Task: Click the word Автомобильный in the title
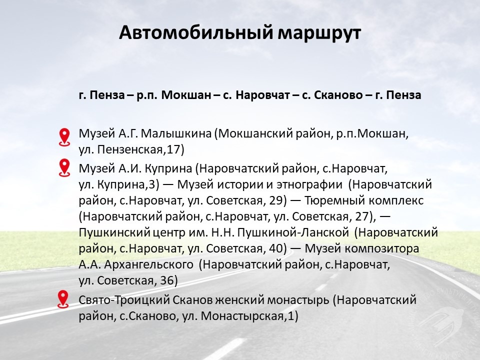tap(196, 33)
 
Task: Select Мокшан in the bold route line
tap(186, 95)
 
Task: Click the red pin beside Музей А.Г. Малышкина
tap(64, 137)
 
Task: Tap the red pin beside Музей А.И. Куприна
tap(64, 168)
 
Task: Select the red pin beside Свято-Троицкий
tap(63, 299)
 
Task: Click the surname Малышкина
tap(176, 134)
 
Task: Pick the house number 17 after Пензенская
tap(173, 150)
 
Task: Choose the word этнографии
tap(309, 184)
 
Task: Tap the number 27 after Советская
tap(361, 216)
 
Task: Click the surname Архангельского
tap(149, 264)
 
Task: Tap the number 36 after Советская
tap(167, 280)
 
